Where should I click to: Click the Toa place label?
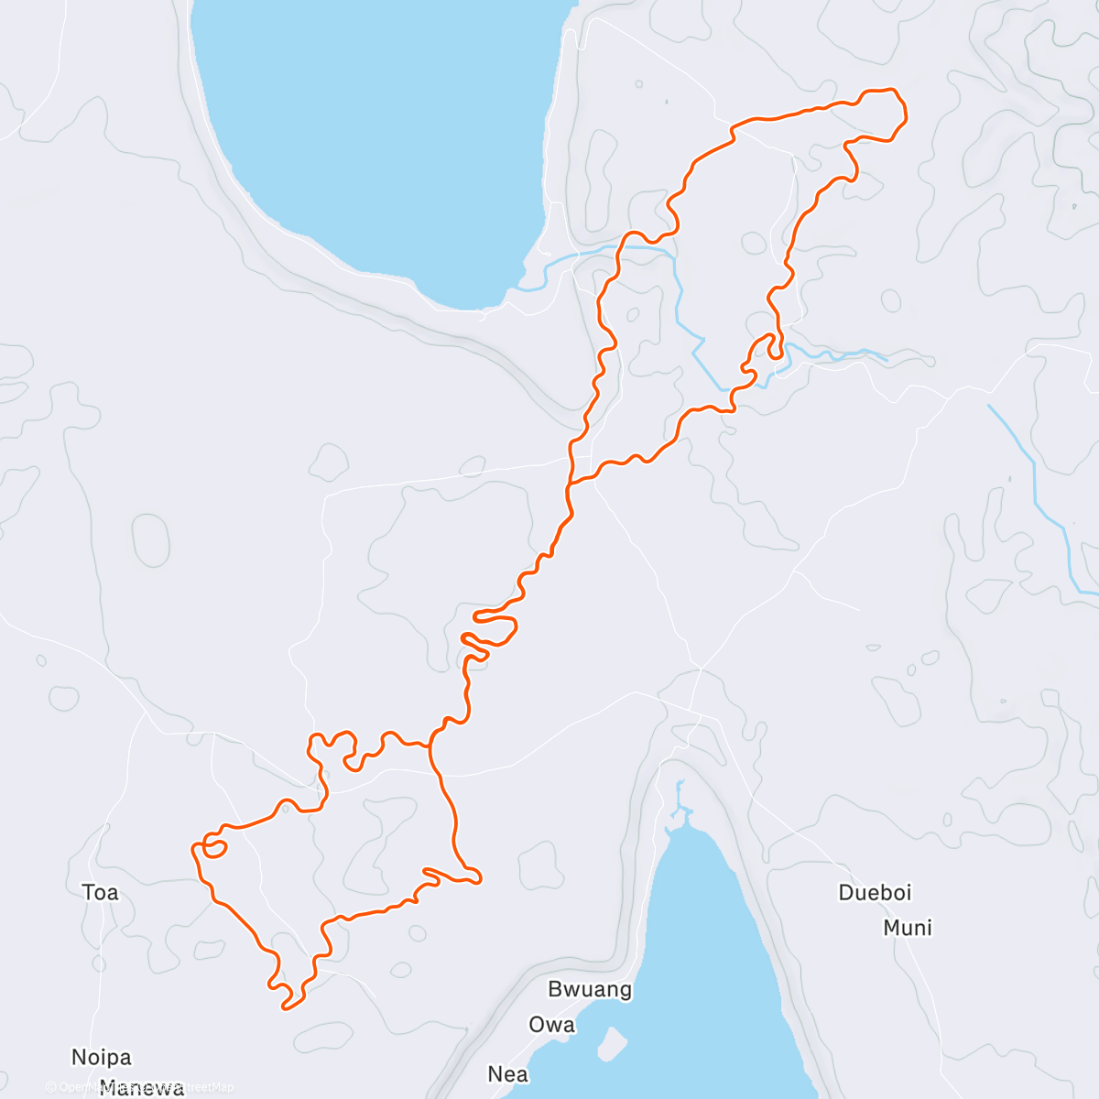pyautogui.click(x=100, y=892)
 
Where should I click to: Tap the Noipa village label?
pyautogui.click(x=102, y=1058)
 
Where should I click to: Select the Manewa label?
pyautogui.click(x=142, y=1089)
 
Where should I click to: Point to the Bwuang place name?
pyautogui.click(x=590, y=989)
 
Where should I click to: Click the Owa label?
pyautogui.click(x=551, y=1024)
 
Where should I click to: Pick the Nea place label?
pyautogui.click(x=507, y=1073)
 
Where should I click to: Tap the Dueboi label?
pyautogui.click(x=875, y=892)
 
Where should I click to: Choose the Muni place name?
pyautogui.click(x=908, y=928)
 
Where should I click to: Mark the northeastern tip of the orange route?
pyautogui.click(x=901, y=103)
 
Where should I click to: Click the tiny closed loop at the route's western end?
pyautogui.click(x=214, y=847)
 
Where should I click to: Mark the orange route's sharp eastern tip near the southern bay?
pyautogui.click(x=479, y=880)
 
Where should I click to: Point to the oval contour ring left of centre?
pyautogui.click(x=151, y=540)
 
